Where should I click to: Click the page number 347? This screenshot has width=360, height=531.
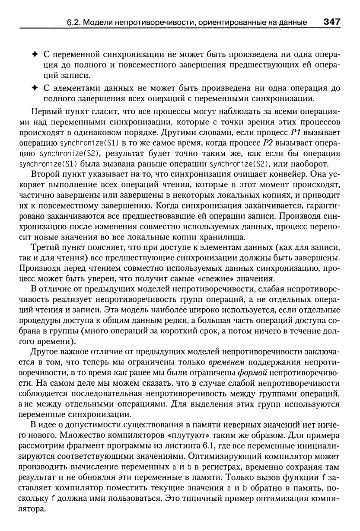pos(331,21)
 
